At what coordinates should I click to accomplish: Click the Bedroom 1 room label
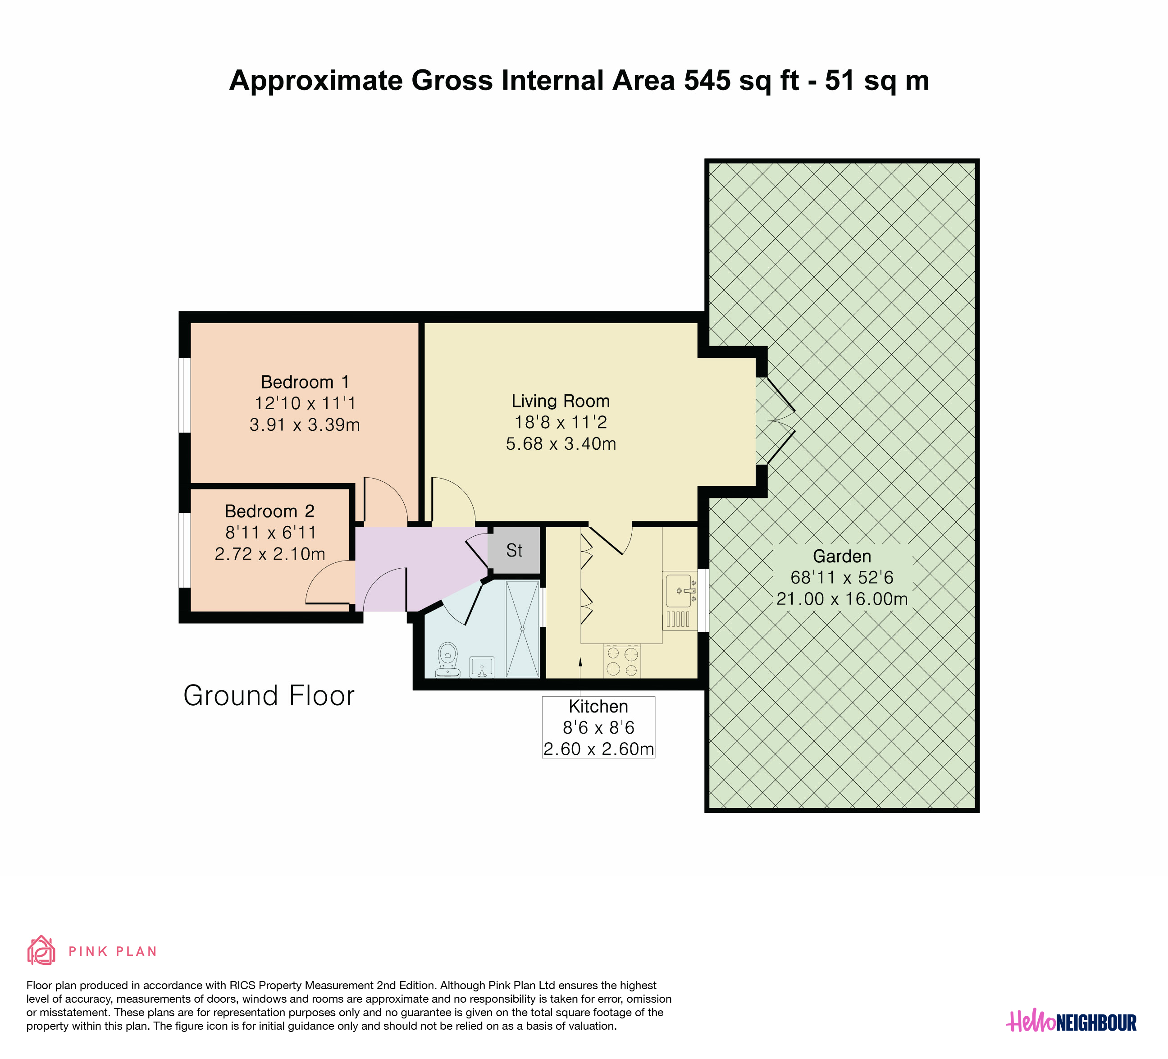[x=306, y=382]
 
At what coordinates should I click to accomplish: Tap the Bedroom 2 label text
[x=269, y=511]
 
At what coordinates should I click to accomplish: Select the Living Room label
[x=560, y=401]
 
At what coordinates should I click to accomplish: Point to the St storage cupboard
[x=514, y=550]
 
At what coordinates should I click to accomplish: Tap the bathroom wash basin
[x=481, y=667]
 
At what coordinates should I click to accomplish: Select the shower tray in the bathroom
[x=522, y=629]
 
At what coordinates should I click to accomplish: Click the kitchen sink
[x=679, y=591]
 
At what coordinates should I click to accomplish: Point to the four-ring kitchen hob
[x=622, y=662]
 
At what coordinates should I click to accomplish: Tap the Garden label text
[x=842, y=557]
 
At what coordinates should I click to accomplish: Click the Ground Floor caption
[x=269, y=696]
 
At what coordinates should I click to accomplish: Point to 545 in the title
[x=707, y=81]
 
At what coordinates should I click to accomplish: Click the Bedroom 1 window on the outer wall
[x=184, y=395]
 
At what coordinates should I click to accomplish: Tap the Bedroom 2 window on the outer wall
[x=184, y=550]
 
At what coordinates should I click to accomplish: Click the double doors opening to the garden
[x=775, y=421]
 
